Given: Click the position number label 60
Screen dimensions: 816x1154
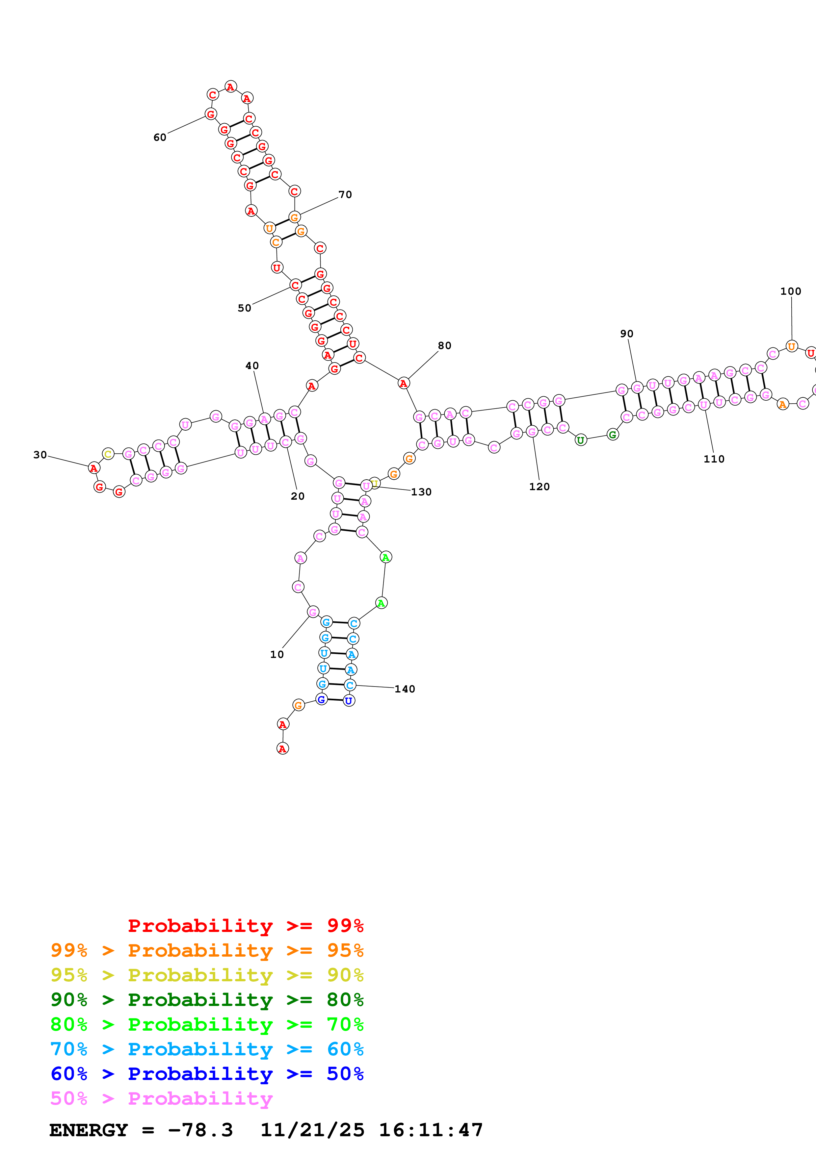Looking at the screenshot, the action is [x=160, y=137].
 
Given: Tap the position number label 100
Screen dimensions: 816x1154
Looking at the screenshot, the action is [x=790, y=291].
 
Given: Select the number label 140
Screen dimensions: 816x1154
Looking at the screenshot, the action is [x=405, y=689].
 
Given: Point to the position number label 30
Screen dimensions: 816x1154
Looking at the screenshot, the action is [x=40, y=455].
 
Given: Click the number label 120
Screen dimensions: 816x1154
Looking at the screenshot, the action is [x=540, y=487].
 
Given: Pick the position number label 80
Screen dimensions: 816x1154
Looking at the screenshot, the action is [x=444, y=346].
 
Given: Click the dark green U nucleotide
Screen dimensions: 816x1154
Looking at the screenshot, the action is [x=581, y=440].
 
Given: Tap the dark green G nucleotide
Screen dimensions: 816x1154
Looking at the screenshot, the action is [x=612, y=435].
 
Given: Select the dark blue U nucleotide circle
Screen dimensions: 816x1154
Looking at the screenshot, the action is [x=349, y=701].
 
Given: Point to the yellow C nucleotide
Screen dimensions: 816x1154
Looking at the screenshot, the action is [x=108, y=454].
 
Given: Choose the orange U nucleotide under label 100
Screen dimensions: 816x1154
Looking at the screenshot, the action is [x=791, y=346].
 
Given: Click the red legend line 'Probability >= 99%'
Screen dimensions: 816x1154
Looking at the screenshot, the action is [x=246, y=926].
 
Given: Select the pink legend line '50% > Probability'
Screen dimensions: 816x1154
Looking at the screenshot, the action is [x=161, y=1099].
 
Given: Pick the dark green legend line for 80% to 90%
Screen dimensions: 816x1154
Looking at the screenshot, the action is [x=207, y=1000].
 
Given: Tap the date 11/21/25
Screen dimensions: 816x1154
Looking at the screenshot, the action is [x=312, y=1130].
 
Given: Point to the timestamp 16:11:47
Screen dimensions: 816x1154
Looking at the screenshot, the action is [x=431, y=1130].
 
